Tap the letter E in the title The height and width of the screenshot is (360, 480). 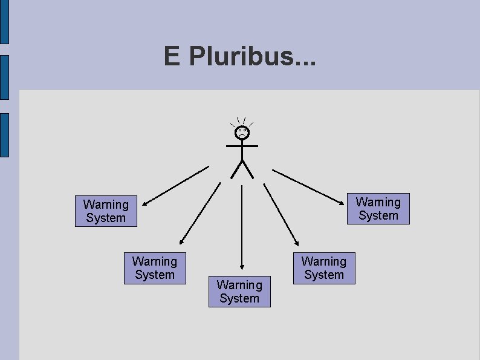[x=172, y=57]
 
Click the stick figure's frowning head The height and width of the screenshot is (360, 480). [x=242, y=133]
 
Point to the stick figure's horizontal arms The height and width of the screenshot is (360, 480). [x=242, y=146]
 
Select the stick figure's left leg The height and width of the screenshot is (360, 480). [x=236, y=169]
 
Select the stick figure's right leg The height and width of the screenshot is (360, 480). [x=248, y=169]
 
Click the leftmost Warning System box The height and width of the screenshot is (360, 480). [x=106, y=211]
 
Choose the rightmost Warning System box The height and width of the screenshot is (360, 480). [x=378, y=209]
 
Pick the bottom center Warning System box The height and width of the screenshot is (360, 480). [x=239, y=292]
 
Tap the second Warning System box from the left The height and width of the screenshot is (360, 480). [x=155, y=268]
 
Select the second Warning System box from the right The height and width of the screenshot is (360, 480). [x=324, y=268]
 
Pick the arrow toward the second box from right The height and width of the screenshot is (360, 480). [x=282, y=215]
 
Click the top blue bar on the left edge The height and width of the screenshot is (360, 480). [x=4, y=22]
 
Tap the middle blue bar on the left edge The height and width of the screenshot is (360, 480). [x=4, y=77]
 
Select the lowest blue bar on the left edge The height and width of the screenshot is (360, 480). [x=4, y=134]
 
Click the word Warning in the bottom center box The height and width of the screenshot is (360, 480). [x=239, y=285]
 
